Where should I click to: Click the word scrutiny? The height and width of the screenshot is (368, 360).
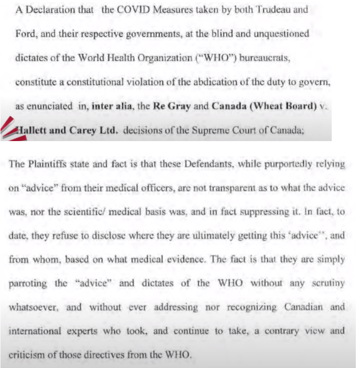point(329,283)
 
